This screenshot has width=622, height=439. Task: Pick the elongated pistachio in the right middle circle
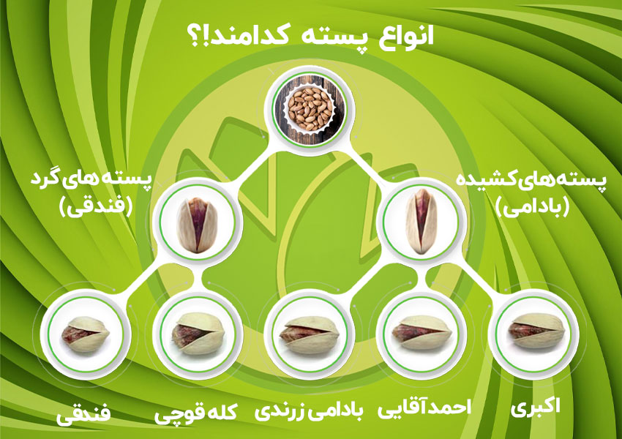(421, 221)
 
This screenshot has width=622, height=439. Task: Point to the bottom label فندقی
(83, 415)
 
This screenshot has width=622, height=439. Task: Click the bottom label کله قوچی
(197, 415)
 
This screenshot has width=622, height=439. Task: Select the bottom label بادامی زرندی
(309, 412)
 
